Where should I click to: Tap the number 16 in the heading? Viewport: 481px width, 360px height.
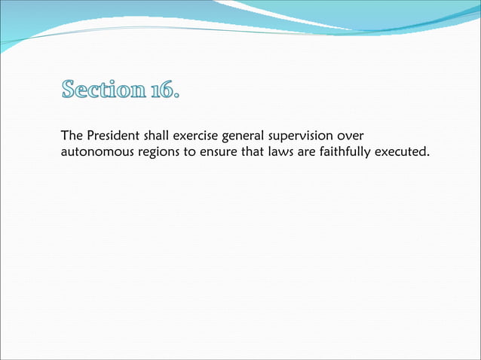click(x=163, y=92)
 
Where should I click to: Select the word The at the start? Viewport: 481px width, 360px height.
click(x=72, y=136)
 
